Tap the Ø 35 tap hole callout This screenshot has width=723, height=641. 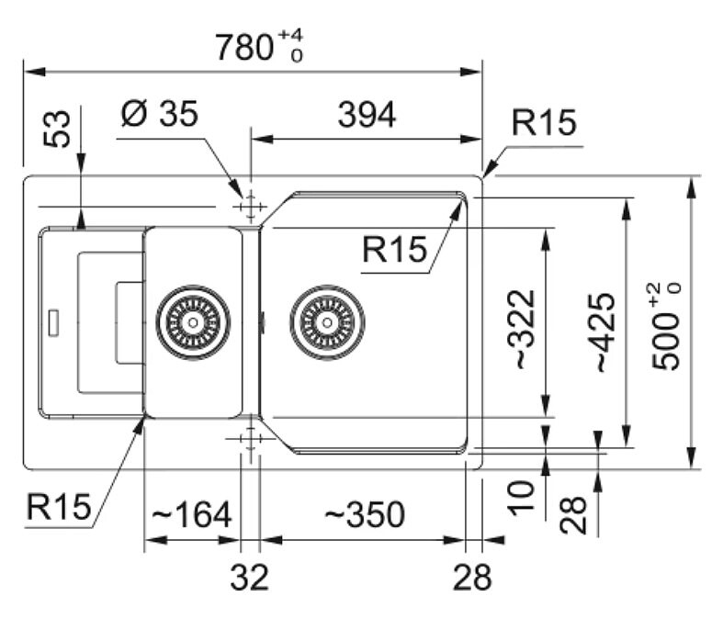(x=160, y=113)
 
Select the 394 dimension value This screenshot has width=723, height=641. (x=367, y=115)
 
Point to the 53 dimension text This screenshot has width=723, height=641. (x=57, y=129)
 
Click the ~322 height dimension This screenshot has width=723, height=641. (x=521, y=329)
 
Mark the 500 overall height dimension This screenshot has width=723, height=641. (x=666, y=326)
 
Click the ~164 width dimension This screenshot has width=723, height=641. (x=191, y=515)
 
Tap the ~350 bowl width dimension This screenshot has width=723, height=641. (x=365, y=515)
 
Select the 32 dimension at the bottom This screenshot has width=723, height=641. (x=250, y=577)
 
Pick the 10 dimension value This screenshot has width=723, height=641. (x=521, y=498)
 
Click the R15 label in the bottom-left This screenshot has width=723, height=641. (x=59, y=507)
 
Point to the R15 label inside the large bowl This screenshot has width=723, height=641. (x=395, y=249)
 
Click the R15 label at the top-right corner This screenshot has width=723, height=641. (x=544, y=122)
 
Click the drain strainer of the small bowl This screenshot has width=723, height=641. (x=193, y=322)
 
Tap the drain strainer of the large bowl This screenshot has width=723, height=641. (x=327, y=322)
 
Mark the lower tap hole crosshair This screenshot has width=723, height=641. (x=251, y=438)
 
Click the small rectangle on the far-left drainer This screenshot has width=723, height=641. (x=53, y=323)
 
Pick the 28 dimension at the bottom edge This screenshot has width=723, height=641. (x=472, y=577)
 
